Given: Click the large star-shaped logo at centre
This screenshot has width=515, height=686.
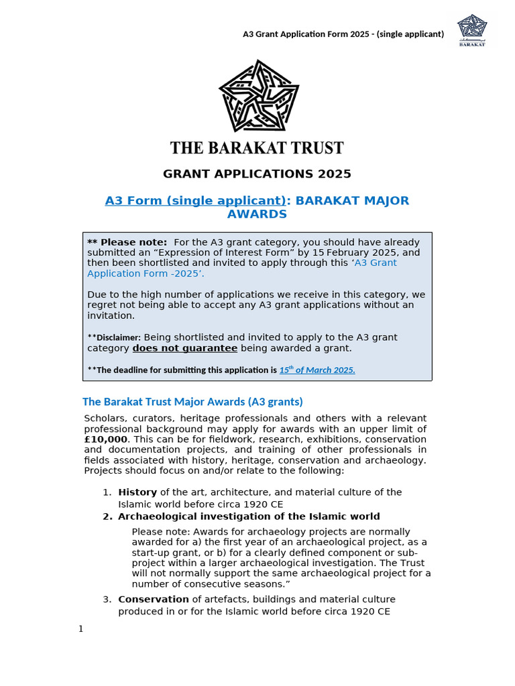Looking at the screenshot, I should coord(258,96).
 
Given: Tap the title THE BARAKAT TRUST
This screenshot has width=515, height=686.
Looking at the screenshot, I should coord(257,147).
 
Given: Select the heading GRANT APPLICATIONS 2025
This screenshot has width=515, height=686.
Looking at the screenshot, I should coord(257,174).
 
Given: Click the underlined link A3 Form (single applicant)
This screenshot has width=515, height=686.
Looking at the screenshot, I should coord(197,201).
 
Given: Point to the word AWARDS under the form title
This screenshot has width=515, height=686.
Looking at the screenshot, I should coord(257,214).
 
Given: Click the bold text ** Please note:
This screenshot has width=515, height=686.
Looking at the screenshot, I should coord(127,243).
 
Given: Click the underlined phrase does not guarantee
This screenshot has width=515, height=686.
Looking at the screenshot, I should coord(184,348).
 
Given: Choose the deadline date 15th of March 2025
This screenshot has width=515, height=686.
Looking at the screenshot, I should coord(317,370).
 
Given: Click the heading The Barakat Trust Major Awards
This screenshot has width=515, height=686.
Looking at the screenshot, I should coord(192,402).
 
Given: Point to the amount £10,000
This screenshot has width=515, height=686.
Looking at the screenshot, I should coord(105,439).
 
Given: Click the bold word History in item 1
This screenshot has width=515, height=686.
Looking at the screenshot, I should coord(137,492).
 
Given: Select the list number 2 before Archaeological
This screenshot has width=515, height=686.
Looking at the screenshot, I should coord(107,517).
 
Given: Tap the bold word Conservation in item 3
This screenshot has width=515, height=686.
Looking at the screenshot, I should coord(154,600).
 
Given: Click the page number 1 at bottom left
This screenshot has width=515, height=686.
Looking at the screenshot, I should coord(81,628).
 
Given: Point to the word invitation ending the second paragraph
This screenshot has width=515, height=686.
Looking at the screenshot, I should coord(111,316).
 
